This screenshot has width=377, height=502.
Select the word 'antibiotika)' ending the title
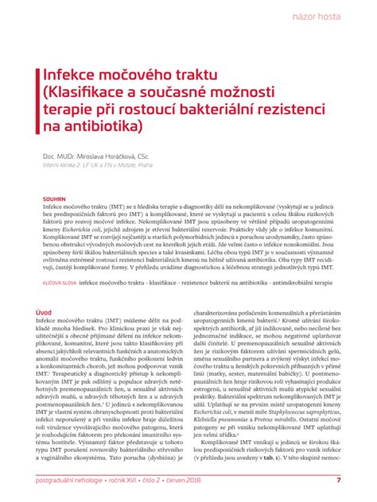pos(95,126)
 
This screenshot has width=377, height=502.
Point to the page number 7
pos(339,481)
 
